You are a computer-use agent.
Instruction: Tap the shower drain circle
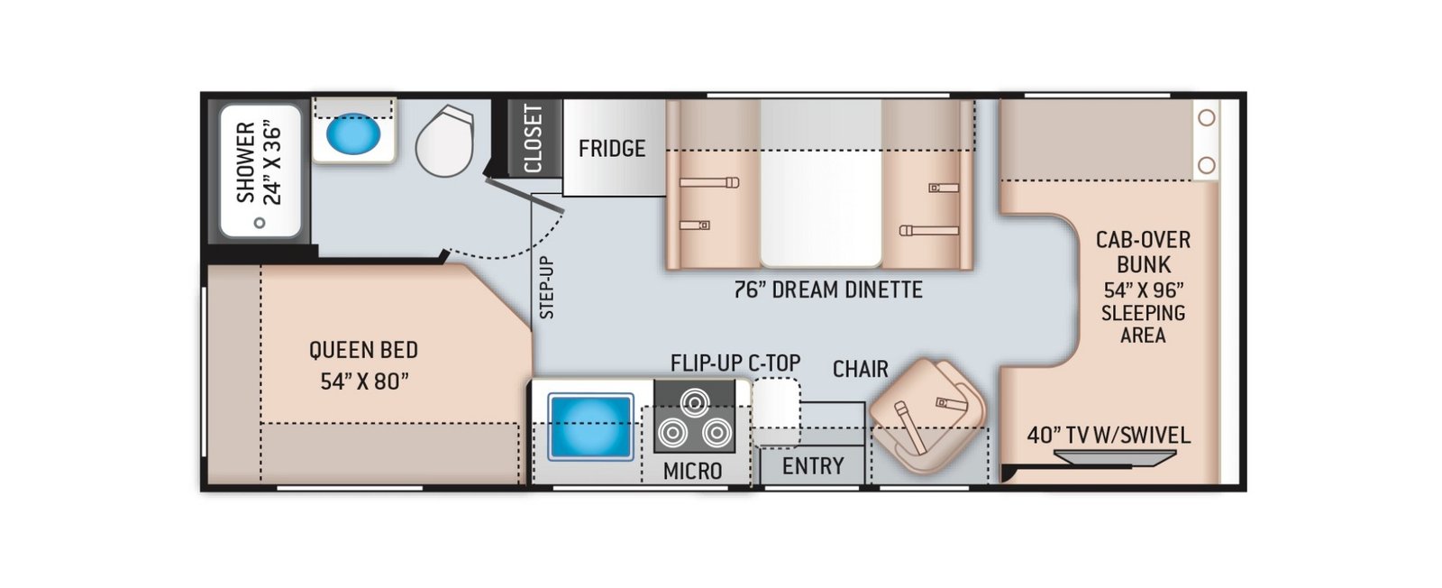[x=260, y=223]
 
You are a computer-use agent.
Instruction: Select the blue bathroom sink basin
[x=352, y=134]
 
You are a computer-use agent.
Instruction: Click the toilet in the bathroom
[x=445, y=141]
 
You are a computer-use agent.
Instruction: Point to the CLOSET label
[x=533, y=139]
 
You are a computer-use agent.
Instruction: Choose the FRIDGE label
[x=612, y=149]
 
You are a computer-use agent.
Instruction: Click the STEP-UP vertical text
[x=546, y=288]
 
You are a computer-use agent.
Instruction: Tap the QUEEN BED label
[x=364, y=350]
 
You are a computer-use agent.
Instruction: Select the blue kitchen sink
[x=590, y=427]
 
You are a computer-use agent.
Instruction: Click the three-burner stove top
[x=695, y=416]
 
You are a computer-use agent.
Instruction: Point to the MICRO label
[x=692, y=472]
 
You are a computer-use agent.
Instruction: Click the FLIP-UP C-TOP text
[x=735, y=363]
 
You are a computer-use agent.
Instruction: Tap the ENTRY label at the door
[x=812, y=465]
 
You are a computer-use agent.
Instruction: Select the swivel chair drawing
[x=927, y=415]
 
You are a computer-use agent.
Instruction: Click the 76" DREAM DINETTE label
[x=828, y=289]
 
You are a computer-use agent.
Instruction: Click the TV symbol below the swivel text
[x=1115, y=457]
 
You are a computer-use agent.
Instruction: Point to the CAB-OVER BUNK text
[x=1144, y=252]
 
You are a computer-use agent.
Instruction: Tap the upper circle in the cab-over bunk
[x=1207, y=118]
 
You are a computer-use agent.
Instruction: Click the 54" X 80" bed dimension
[x=364, y=381]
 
